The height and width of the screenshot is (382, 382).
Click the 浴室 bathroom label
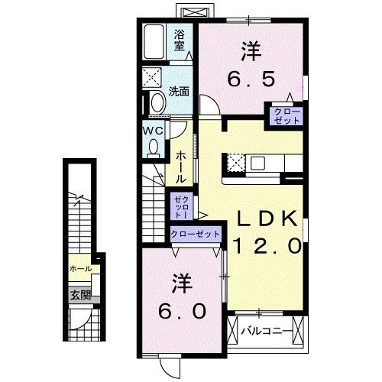179,40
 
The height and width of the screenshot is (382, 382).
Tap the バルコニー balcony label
267,332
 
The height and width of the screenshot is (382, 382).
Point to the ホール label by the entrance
80,269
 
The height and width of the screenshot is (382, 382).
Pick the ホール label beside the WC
180,164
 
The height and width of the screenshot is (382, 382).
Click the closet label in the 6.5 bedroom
284,115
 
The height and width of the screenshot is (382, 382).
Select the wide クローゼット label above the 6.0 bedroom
196,234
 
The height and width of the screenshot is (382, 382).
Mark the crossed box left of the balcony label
234,332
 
